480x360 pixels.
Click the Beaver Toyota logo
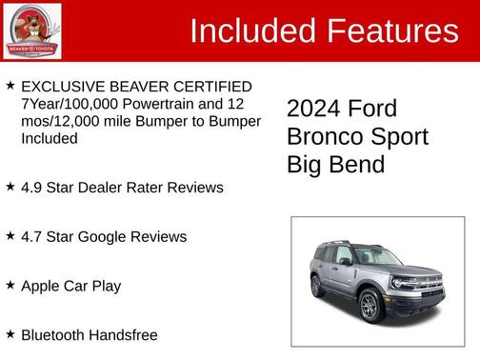[31, 31]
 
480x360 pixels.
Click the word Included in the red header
[253, 30]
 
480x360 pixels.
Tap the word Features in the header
[391, 30]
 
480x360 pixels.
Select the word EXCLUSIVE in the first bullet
[66, 87]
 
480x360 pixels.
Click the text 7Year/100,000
[67, 104]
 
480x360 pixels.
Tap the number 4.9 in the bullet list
[33, 187]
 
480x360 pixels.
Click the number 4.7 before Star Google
[33, 236]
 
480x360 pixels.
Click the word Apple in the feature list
[42, 285]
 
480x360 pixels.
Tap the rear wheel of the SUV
[317, 285]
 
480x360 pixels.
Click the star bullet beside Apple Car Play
[10, 284]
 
